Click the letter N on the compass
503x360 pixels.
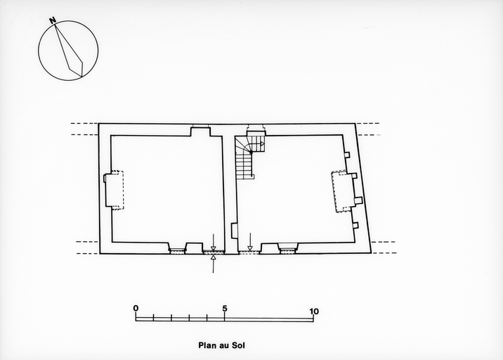(x=53, y=21)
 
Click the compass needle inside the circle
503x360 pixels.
(x=70, y=51)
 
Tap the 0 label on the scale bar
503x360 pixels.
(x=136, y=308)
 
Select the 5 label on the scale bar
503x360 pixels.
(x=225, y=309)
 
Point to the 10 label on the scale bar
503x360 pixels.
(x=314, y=311)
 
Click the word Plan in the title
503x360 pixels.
(x=207, y=345)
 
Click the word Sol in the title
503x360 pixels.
(x=239, y=345)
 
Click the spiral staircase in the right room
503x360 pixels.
(x=249, y=156)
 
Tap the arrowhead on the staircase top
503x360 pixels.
(x=263, y=144)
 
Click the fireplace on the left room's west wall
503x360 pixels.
(x=114, y=190)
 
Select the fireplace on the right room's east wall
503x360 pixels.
(x=343, y=192)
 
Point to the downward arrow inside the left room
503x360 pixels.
(x=214, y=243)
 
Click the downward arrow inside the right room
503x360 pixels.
(x=250, y=242)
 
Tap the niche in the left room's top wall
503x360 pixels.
(x=200, y=131)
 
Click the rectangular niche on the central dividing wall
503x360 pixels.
(x=234, y=231)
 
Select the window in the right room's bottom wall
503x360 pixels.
(x=287, y=249)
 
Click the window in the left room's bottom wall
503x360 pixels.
(x=178, y=250)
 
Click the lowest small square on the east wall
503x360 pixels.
(x=355, y=226)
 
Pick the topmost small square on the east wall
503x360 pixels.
(x=347, y=155)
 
